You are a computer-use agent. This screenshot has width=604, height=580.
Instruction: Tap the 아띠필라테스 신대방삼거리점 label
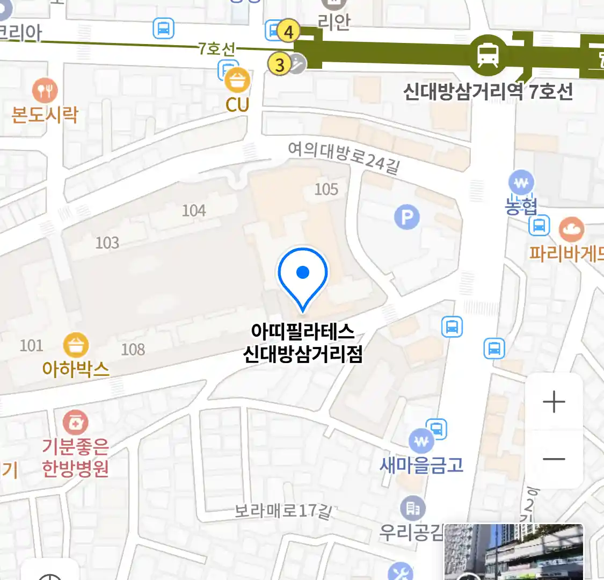pyautogui.click(x=303, y=343)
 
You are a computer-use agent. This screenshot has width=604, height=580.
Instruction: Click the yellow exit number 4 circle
pyautogui.click(x=289, y=32)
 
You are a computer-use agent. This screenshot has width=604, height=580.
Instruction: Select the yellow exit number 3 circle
pyautogui.click(x=280, y=65)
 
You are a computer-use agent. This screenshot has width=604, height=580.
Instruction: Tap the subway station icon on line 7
pyautogui.click(x=487, y=54)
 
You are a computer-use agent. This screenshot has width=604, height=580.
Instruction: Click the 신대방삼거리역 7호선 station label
pyautogui.click(x=487, y=91)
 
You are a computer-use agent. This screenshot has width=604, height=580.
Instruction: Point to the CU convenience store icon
pyautogui.click(x=237, y=81)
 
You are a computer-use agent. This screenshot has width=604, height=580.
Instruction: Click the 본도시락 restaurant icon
pyautogui.click(x=45, y=91)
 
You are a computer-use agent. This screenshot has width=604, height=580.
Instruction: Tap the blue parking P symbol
pyautogui.click(x=407, y=218)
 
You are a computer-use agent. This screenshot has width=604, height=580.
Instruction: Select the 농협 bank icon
pyautogui.click(x=521, y=183)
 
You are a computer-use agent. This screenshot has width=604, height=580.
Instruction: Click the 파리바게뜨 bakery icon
pyautogui.click(x=571, y=230)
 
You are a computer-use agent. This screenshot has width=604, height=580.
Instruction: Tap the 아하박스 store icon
pyautogui.click(x=76, y=345)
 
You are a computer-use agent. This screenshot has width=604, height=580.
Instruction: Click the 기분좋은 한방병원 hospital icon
pyautogui.click(x=76, y=423)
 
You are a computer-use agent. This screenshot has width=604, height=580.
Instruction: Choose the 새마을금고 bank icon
pyautogui.click(x=421, y=441)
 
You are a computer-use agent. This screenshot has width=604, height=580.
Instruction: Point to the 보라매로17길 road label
pyautogui.click(x=282, y=510)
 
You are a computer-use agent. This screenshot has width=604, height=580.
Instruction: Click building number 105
pyautogui.click(x=326, y=189)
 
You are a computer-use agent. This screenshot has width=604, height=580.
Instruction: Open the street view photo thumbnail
pyautogui.click(x=514, y=552)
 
